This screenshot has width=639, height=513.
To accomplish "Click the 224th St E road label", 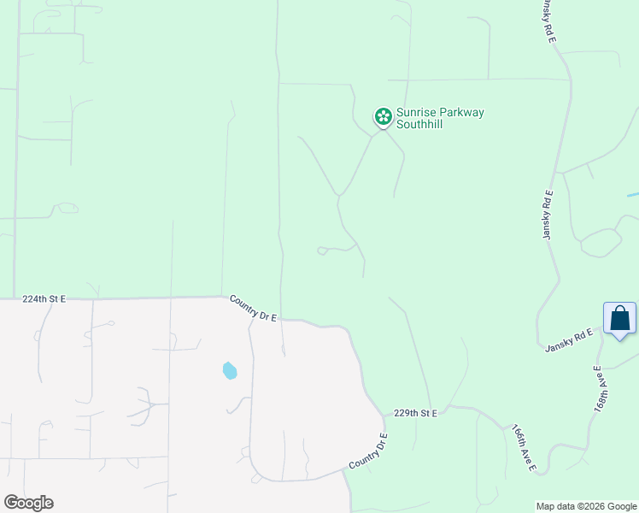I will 44,299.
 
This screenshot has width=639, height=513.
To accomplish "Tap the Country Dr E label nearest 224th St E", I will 254,308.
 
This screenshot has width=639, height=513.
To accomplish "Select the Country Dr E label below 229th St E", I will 368,451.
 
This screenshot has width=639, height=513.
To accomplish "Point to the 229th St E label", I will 415,413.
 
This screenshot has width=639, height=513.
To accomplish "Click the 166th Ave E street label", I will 523,448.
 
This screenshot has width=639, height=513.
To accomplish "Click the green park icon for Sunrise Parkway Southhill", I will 384,116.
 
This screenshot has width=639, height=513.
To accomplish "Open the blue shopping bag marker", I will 619,319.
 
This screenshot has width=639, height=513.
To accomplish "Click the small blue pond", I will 229,370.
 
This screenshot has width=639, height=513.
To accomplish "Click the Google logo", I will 28,503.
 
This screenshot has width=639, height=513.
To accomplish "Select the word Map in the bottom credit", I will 545,506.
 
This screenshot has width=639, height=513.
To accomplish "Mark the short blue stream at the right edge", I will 632,195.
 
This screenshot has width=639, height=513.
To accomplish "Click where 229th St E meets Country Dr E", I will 385,418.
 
